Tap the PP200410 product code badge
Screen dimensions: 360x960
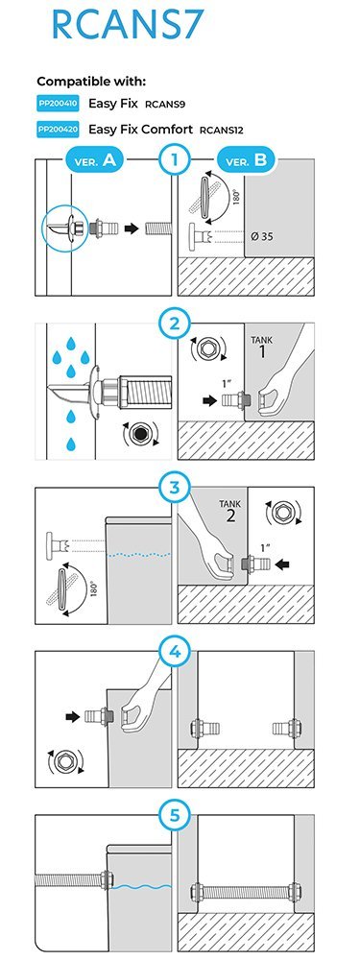click(x=58, y=104)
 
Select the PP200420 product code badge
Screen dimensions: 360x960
click(x=58, y=130)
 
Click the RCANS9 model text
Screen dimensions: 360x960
click(x=165, y=105)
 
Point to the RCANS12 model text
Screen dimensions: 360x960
click(x=222, y=131)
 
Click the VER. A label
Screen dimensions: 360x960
click(x=94, y=161)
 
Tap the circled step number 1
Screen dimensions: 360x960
click(x=175, y=161)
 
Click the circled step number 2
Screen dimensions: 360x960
click(x=175, y=324)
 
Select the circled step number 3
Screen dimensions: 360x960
click(x=175, y=488)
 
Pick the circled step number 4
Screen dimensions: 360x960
click(x=175, y=652)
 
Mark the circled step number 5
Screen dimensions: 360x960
click(x=175, y=815)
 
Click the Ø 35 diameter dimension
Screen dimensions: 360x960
click(x=262, y=237)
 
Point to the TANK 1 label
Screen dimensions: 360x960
click(x=262, y=348)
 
